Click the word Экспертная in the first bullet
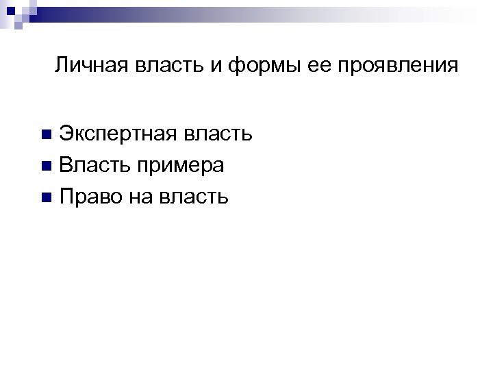tap(117, 133)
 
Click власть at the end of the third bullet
tap(194, 197)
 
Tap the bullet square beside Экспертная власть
tap(46, 134)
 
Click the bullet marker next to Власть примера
tap(46, 166)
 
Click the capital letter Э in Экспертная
tap(66, 133)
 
